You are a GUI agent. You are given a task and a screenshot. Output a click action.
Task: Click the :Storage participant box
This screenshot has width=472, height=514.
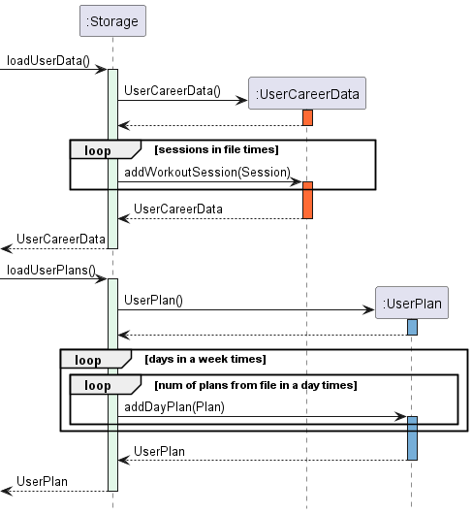(112, 21)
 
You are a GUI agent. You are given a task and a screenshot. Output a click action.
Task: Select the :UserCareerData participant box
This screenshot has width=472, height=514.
(307, 93)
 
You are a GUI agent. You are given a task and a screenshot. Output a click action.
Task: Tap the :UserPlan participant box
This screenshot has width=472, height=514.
(412, 303)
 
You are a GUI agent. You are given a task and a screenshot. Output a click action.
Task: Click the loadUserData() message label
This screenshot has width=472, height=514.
(48, 61)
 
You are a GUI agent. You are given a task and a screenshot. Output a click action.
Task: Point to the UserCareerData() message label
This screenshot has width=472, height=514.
(173, 91)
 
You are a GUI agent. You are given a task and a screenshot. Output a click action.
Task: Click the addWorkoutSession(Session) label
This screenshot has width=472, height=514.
(207, 172)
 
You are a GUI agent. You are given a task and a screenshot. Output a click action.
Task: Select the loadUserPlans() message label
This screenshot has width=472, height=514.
(51, 271)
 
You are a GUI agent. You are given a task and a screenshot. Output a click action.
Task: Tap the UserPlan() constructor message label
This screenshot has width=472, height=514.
(153, 301)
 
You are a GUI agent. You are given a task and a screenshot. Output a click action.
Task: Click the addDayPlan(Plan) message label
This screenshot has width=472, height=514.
(174, 407)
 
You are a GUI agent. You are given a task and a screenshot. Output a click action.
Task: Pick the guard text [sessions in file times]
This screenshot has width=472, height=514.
(216, 149)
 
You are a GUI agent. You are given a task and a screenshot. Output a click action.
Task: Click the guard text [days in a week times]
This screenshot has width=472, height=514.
(205, 359)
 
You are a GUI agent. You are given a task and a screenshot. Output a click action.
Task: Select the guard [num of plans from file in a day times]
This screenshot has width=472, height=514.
(256, 385)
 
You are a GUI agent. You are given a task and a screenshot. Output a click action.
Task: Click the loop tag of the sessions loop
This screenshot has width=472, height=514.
(98, 150)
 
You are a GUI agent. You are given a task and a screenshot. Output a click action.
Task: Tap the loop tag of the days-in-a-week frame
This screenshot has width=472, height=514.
(88, 360)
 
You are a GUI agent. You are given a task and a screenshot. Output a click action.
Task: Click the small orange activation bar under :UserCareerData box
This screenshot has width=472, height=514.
(307, 117)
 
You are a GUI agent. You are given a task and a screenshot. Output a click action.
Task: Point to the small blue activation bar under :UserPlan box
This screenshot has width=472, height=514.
(412, 327)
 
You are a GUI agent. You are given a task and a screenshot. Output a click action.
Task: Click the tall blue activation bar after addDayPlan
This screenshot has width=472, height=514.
(412, 438)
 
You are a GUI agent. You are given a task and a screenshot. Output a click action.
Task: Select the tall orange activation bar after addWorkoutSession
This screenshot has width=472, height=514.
(307, 200)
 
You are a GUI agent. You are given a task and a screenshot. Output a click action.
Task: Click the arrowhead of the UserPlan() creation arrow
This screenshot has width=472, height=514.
(369, 309)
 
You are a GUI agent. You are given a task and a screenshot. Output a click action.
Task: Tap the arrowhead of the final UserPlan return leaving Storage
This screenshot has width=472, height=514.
(7, 491)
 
